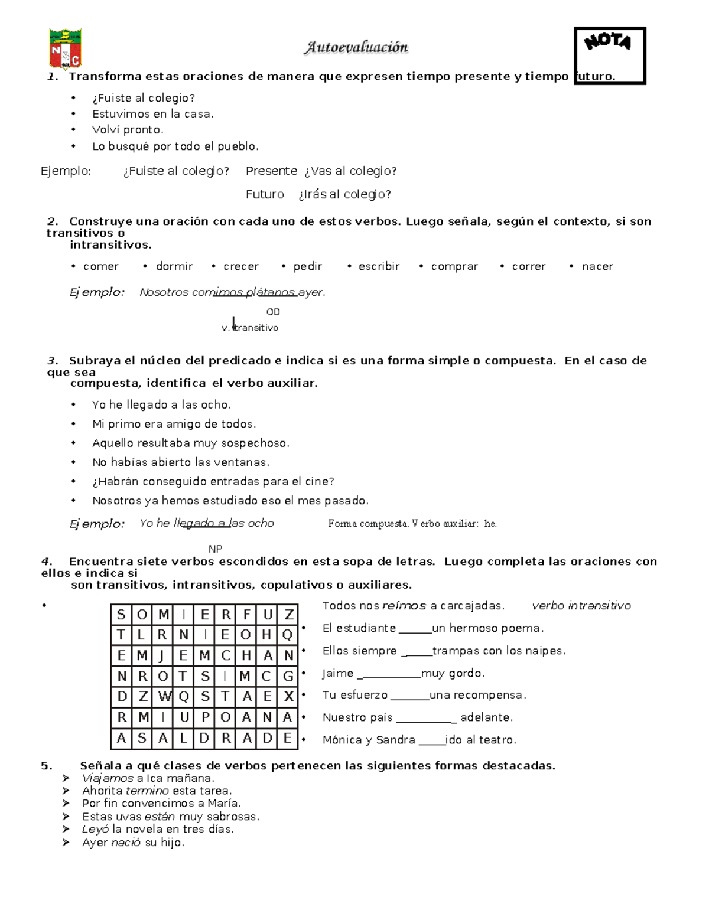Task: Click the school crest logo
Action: pos(65,49)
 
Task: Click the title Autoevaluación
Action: pos(356,47)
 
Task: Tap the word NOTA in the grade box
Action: pos(607,42)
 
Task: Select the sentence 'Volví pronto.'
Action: pos(128,130)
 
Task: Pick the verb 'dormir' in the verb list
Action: pos(174,266)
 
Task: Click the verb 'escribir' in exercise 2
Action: pos(379,266)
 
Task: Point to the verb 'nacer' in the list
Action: pos(597,266)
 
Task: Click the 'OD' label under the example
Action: pos(273,312)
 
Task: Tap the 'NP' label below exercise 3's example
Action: pos(216,549)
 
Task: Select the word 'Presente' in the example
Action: pos(271,171)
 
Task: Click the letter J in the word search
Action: pos(163,655)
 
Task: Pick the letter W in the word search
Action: pos(164,697)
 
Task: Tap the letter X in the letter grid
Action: pos(288,697)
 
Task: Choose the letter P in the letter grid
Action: pos(205,717)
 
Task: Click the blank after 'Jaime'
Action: pos(390,674)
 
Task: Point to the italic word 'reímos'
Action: pos(404,606)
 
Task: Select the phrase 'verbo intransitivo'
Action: pos(581,606)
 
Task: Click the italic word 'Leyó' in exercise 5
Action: pos(95,830)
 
